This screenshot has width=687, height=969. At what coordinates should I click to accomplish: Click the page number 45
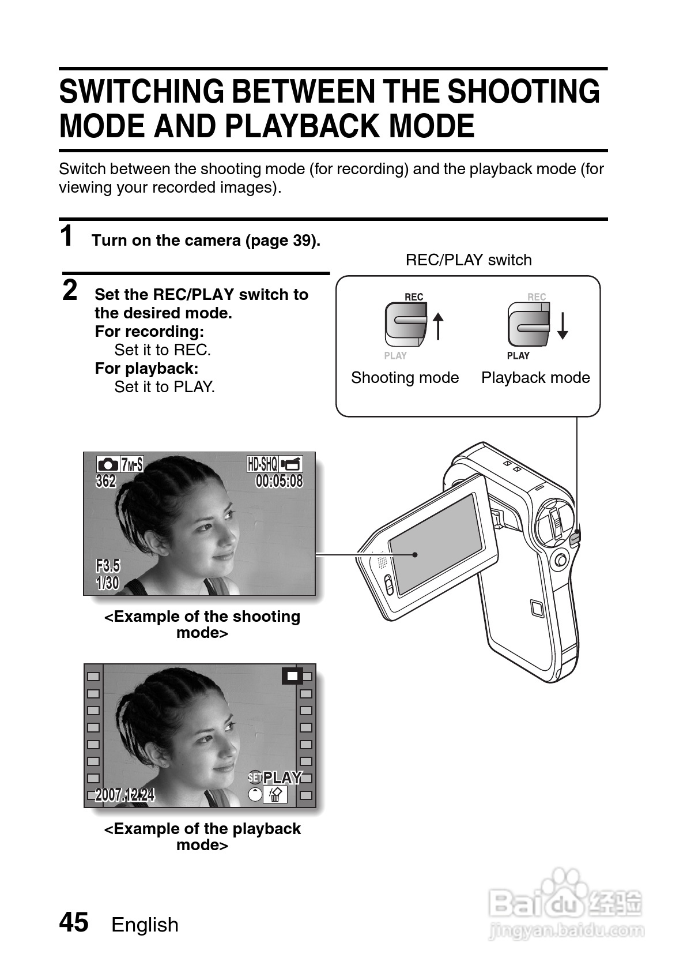pos(74,922)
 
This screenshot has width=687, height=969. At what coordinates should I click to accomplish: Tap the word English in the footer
pos(145,925)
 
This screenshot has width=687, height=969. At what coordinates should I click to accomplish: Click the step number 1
pos(67,236)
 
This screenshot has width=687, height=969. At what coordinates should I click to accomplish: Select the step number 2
pos(70,290)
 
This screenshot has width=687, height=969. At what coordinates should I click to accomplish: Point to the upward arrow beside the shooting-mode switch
pos(438,326)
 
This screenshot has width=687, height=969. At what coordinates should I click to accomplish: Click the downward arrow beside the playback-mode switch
pos(563,326)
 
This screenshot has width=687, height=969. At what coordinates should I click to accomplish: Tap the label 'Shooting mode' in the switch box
pos(405,378)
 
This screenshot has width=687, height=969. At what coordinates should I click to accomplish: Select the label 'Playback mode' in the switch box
pos(535,378)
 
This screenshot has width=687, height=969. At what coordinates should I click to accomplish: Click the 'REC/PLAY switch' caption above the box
pos(468,260)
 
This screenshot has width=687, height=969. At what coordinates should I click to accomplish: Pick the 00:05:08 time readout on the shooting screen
pos(279,480)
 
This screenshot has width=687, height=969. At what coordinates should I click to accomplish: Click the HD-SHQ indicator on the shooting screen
pos(263,464)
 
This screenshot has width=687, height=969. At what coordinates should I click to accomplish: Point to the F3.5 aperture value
pos(108,565)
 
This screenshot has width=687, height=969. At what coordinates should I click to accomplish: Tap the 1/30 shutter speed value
pos(108,583)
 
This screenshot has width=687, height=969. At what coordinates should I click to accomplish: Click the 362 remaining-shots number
pos(106,480)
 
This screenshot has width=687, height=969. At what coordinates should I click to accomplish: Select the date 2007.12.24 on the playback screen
pos(124,795)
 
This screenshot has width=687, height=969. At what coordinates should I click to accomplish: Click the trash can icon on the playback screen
pos(275,795)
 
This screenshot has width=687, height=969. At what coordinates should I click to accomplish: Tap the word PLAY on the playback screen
pos(282,778)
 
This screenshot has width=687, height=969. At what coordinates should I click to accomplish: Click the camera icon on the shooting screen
pos(107,464)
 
